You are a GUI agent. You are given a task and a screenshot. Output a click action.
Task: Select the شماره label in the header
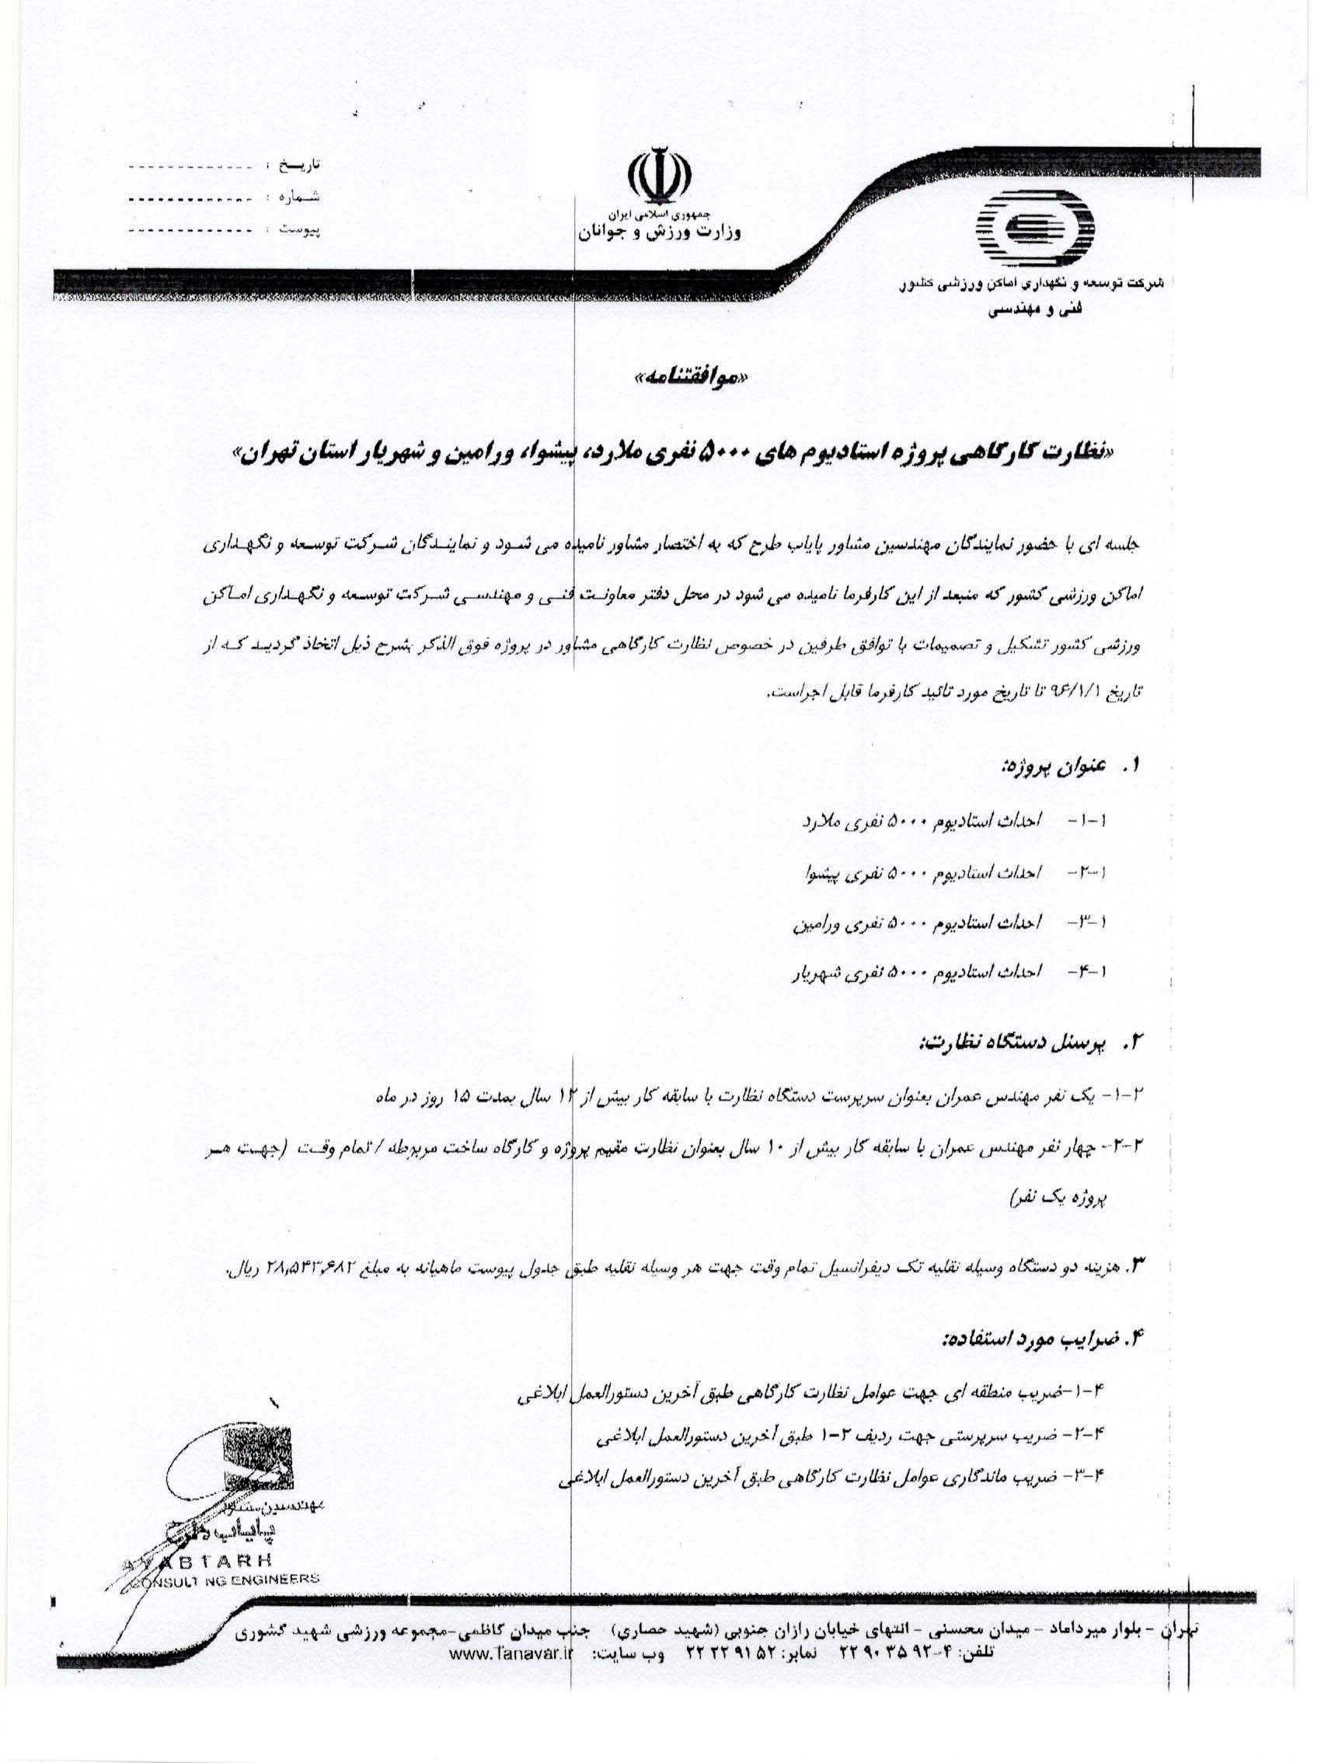(298, 197)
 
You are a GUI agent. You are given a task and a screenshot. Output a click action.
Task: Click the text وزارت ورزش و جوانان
(659, 233)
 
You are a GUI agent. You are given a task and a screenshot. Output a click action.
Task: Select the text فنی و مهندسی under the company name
(1023, 312)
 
